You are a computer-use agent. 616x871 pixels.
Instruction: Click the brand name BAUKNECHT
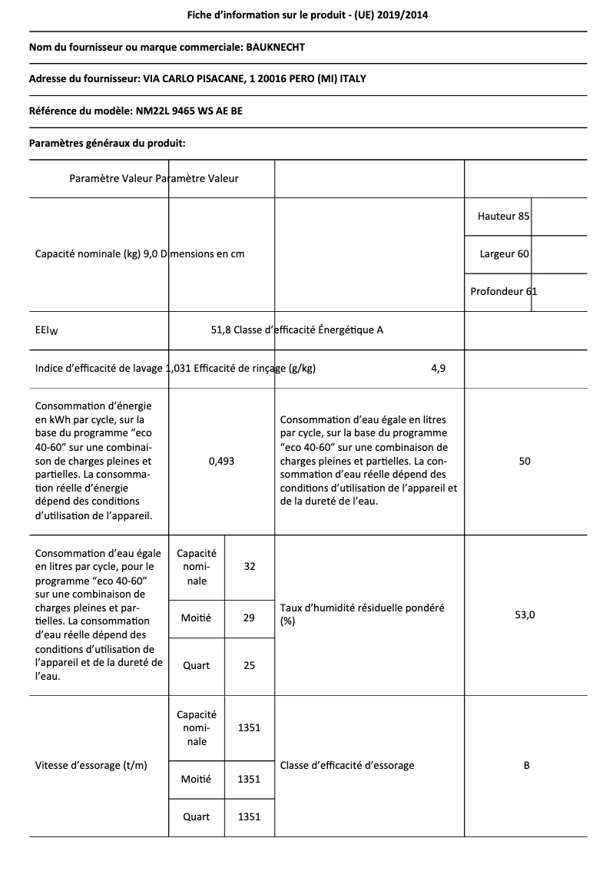point(275,47)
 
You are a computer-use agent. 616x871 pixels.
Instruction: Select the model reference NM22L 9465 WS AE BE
point(188,111)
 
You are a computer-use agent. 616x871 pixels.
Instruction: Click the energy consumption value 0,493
point(221,461)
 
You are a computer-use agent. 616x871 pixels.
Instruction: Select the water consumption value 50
point(525,461)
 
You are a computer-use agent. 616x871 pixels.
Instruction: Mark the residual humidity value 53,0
point(525,614)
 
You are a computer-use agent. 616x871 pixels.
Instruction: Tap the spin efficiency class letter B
point(526,765)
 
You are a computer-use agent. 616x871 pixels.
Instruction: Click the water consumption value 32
point(249,567)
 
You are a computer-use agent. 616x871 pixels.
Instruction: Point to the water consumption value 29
point(249,617)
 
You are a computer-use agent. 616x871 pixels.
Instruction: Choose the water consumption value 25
point(249,665)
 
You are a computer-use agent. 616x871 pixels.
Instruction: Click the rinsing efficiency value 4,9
point(438,368)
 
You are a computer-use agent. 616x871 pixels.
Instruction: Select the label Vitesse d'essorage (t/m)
point(91,765)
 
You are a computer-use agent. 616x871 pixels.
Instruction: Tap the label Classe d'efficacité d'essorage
point(347,765)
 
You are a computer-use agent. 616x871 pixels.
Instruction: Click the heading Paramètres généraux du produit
point(107,143)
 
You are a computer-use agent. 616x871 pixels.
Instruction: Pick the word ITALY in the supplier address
point(363,79)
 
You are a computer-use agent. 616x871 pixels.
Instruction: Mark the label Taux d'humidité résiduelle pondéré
point(362,608)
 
